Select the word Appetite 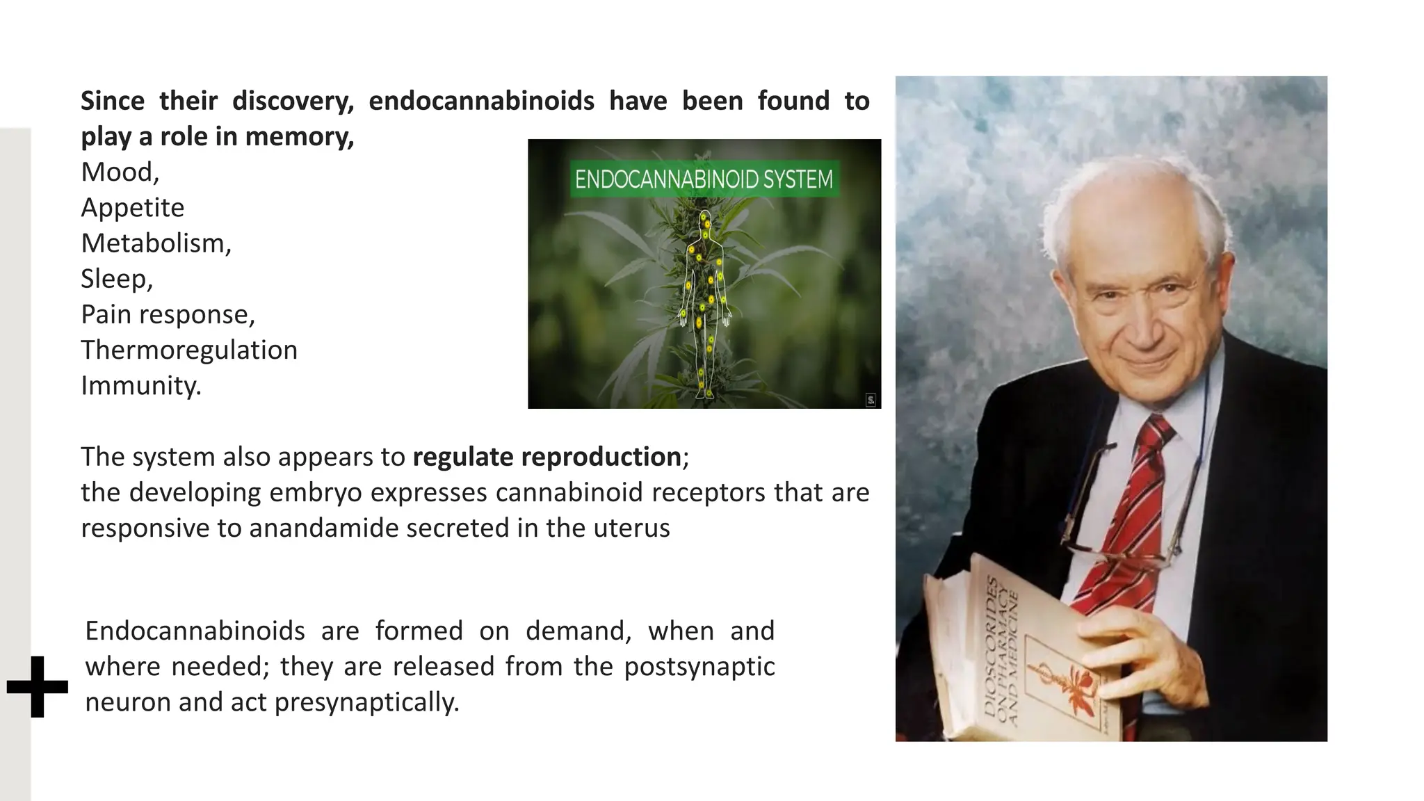tap(133, 207)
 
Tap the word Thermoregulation tap(189, 350)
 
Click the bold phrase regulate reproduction tap(547, 457)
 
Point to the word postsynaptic tap(699, 667)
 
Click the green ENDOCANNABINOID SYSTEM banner tap(704, 179)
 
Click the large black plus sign tap(38, 686)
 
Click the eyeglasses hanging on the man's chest tap(1119, 535)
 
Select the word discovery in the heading tap(293, 101)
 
